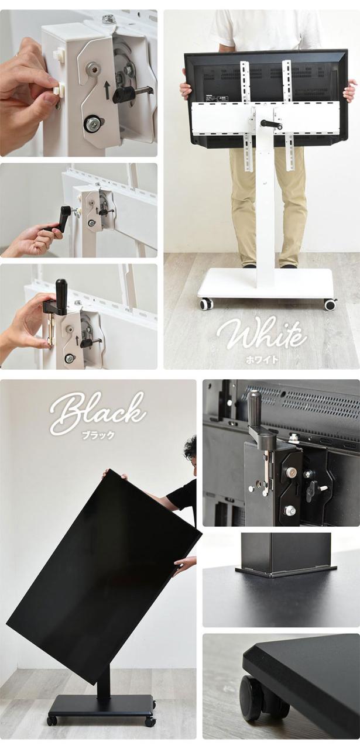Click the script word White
point(262,334)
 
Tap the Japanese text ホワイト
point(262,359)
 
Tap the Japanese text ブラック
point(98,435)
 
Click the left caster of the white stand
point(204,304)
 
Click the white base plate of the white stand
point(266,285)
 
